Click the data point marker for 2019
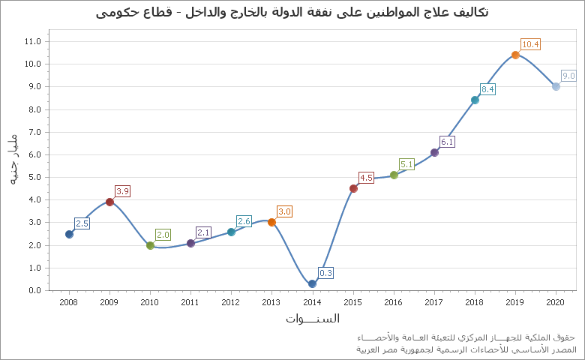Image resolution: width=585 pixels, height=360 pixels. tap(515, 55)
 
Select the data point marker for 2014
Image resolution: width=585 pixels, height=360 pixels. tap(312, 283)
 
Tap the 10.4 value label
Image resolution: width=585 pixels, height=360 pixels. tap(530, 44)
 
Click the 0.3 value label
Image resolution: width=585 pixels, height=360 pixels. tap(326, 273)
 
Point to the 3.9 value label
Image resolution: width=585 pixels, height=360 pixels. tap(123, 191)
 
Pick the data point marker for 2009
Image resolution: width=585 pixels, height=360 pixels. tap(109, 202)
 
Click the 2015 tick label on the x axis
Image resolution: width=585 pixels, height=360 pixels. tap(352, 302)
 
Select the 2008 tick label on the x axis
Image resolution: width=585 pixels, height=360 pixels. tap(69, 302)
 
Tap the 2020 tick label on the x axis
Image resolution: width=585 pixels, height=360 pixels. tap(556, 302)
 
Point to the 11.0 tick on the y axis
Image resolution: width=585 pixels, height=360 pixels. tap(32, 41)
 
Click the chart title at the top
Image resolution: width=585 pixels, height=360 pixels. tap(292, 12)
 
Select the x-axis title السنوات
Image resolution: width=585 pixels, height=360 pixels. tap(312, 319)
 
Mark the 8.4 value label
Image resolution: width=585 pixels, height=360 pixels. tap(488, 89)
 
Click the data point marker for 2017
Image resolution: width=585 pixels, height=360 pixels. tap(434, 152)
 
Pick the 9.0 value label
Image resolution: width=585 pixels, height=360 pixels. tap(568, 76)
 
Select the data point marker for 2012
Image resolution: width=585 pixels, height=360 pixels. tap(231, 232)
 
